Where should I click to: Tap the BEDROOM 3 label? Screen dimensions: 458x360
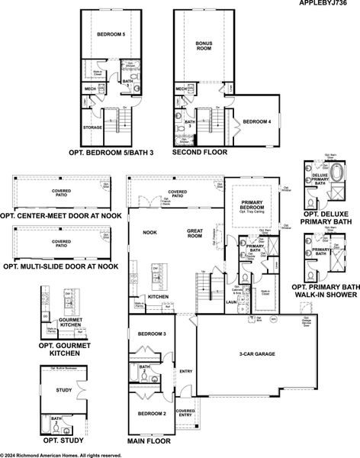[x=152, y=334]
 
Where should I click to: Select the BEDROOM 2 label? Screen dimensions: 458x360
[x=152, y=413]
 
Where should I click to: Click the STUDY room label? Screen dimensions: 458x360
[x=64, y=391]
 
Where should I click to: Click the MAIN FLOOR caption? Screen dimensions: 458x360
[x=149, y=441]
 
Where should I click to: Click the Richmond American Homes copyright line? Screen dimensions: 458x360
[x=61, y=454]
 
